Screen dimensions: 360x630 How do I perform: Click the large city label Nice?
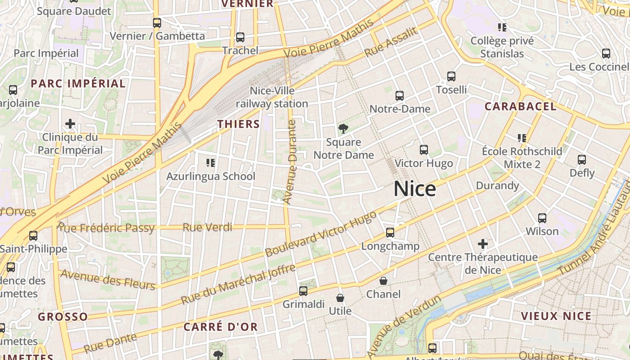point(414,189)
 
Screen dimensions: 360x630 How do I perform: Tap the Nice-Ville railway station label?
point(272,97)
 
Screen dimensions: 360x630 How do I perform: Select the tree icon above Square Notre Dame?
point(343,129)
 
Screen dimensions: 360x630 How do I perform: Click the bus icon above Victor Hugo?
point(423,150)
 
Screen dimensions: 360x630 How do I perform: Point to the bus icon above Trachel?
point(240,37)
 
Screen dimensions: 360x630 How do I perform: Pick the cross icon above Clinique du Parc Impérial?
point(70,124)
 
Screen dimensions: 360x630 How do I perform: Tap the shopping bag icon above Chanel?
point(383,281)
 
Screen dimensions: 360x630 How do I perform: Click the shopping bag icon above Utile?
point(340,298)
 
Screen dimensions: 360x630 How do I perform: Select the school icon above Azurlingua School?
point(211,162)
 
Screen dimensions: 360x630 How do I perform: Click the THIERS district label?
point(238,124)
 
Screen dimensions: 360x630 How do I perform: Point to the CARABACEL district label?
point(520,107)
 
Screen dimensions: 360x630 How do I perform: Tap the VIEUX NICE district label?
point(556,316)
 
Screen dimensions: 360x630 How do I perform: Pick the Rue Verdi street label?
point(207,227)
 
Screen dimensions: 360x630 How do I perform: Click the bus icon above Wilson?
point(542,218)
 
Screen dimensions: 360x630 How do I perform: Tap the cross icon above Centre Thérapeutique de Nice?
point(483,244)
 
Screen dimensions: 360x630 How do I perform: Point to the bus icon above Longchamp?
point(390,233)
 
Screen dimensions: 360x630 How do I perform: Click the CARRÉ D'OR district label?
point(220,327)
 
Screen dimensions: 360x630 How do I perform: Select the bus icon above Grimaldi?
point(303,291)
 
